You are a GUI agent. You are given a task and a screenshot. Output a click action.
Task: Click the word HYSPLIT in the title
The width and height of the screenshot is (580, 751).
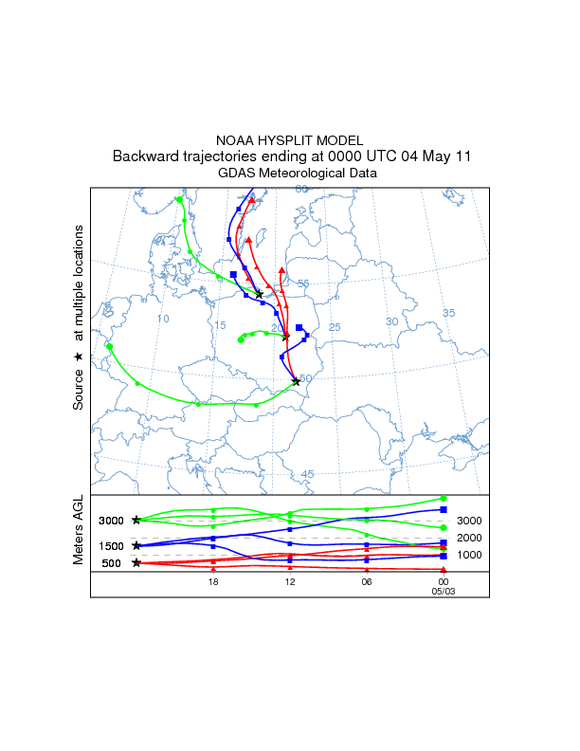click(x=288, y=140)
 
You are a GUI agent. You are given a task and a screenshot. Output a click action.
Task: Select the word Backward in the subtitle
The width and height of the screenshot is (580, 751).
click(x=144, y=156)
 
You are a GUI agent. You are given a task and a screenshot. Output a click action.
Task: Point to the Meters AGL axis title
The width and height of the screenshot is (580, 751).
click(x=80, y=531)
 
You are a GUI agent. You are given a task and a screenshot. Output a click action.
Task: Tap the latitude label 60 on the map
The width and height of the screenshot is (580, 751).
click(x=301, y=190)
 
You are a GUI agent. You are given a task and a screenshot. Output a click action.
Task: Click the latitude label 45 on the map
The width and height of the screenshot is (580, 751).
click(x=307, y=474)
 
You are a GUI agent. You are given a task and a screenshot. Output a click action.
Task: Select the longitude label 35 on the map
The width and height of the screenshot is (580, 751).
click(x=449, y=313)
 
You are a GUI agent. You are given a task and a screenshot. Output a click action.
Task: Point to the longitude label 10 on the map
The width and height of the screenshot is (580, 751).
click(x=162, y=320)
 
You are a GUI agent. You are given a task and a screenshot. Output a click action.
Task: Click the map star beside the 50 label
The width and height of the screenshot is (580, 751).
click(x=296, y=381)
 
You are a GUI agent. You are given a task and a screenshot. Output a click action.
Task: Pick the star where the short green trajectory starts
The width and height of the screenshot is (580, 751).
click(x=285, y=337)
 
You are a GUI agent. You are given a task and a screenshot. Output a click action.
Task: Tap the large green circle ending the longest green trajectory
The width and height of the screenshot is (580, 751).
click(x=110, y=347)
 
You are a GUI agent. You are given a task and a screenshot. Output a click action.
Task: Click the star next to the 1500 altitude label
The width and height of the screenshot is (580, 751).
click(x=137, y=545)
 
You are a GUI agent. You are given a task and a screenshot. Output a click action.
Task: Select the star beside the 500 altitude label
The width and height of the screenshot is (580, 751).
click(x=137, y=563)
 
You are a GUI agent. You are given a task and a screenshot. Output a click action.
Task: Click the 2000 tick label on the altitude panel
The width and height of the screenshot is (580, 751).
click(x=469, y=538)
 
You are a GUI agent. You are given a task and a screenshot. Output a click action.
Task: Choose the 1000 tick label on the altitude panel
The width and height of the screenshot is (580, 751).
click(x=469, y=555)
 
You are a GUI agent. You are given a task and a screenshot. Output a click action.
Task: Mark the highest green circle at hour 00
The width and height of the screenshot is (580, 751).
click(x=444, y=498)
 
